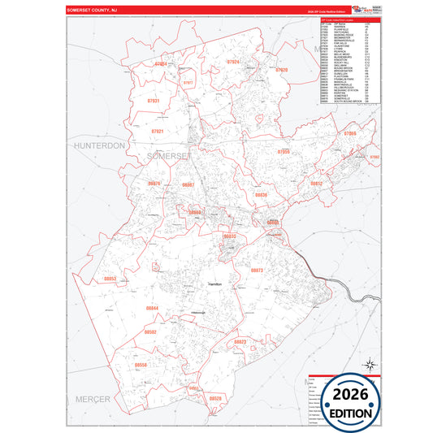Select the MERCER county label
coord(93,400)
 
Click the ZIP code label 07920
coord(282,71)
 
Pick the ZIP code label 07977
coord(188,83)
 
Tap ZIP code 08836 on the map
coord(261,195)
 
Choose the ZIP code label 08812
coord(317,184)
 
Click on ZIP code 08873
coord(256,269)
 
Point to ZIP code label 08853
coord(110,279)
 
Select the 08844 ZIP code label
coord(152,310)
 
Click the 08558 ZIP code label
coord(141,366)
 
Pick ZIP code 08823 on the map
coord(240,342)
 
